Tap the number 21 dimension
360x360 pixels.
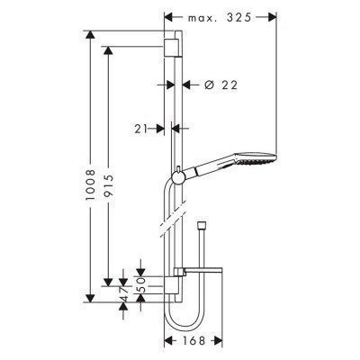point(139,129)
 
